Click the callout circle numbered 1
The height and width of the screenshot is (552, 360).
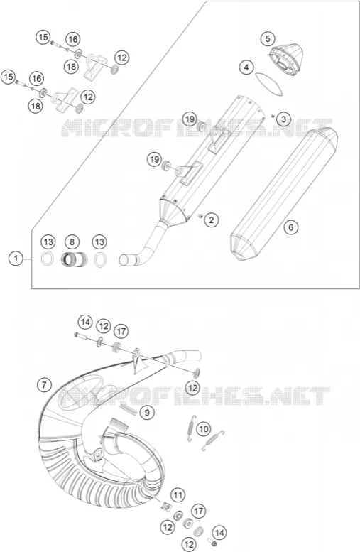click(16, 259)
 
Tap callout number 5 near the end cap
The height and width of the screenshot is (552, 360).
click(268, 38)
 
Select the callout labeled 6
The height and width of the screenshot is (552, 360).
click(290, 227)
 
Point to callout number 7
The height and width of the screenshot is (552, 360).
click(44, 385)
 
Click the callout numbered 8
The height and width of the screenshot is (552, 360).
click(72, 242)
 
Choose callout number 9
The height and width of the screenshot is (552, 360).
click(147, 412)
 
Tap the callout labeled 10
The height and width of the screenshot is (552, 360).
click(203, 429)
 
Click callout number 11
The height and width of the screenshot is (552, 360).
click(178, 496)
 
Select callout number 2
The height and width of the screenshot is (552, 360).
click(211, 220)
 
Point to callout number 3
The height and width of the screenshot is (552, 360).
click(283, 119)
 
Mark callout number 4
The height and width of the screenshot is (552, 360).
click(246, 67)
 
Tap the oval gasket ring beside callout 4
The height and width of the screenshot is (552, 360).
click(269, 84)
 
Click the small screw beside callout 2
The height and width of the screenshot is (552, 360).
click(200, 216)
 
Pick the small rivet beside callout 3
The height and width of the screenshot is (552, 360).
click(273, 116)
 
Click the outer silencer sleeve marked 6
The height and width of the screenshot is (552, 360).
click(283, 195)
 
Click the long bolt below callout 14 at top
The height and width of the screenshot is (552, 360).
click(80, 336)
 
